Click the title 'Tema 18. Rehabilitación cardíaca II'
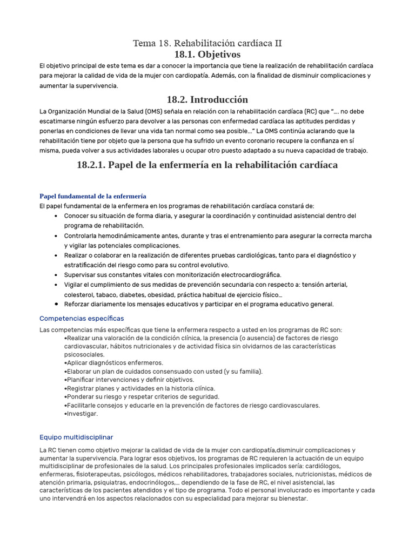207,43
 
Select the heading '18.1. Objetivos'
207,55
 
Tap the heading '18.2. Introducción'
207,99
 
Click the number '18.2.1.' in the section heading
92,165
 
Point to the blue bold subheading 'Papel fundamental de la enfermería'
93,196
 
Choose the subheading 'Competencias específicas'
82,318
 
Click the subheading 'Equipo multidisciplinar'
76,437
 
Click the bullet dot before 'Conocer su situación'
57,216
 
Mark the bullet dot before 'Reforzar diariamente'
57,304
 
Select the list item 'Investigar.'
82,414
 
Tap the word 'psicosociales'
85,354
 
